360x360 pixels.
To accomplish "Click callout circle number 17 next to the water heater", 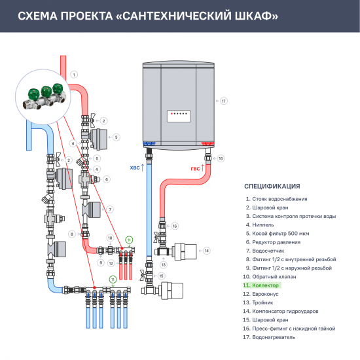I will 223,101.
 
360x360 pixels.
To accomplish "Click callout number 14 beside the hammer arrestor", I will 206,250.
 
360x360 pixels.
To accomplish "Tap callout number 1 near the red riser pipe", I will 75,74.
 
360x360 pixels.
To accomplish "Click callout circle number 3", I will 116,137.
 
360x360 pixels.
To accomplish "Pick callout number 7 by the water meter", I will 111,209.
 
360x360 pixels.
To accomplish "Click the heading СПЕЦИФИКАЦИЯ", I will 272,185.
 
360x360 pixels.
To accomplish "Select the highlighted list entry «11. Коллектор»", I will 261,285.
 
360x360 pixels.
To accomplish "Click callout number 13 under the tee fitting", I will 164,264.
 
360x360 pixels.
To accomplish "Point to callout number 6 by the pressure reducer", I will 106,179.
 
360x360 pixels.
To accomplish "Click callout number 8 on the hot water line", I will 71,234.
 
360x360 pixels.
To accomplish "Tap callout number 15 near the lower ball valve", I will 162,276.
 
